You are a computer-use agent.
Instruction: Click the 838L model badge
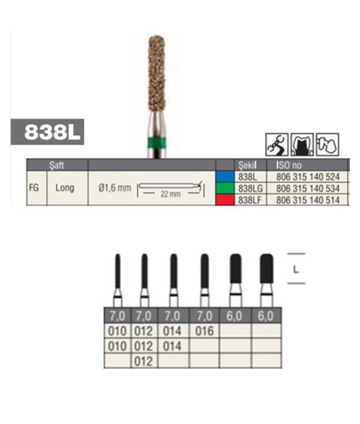pos(47,132)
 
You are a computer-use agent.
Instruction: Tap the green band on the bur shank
pos(157,143)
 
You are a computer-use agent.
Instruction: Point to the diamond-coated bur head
pos(157,73)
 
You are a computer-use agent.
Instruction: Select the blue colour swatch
pos(225,176)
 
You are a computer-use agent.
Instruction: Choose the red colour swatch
pos(225,200)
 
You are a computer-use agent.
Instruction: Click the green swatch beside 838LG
pos(225,188)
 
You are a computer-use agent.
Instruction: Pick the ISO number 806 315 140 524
pos(308,177)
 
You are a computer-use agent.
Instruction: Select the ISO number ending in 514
pos(308,200)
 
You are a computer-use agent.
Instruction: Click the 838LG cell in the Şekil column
pos(250,188)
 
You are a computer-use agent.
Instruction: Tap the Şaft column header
pos(57,165)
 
